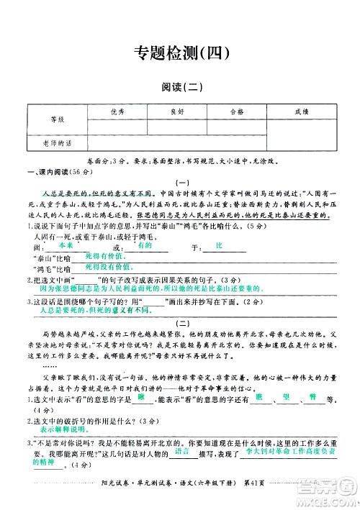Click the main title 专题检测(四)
[x=181, y=52]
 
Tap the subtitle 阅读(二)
[x=180, y=88]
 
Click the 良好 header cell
[x=176, y=111]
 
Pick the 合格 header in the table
[x=236, y=111]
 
